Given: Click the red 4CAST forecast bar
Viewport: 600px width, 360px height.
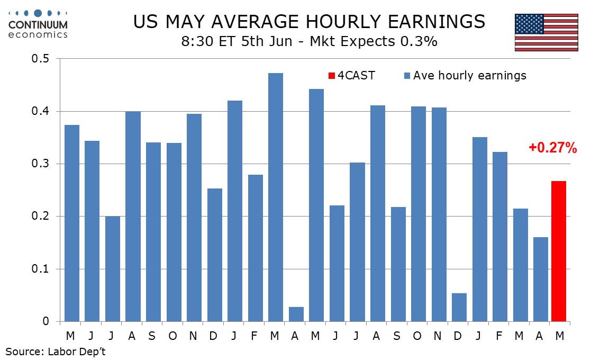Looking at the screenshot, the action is [558, 251].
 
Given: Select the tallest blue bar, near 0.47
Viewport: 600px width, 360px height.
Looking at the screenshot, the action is [276, 197].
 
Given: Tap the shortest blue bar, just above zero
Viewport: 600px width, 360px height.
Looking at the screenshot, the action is [296, 314].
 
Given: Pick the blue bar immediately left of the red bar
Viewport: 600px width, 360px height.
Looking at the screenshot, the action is [541, 280].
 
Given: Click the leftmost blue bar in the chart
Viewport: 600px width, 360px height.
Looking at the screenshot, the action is [72, 223].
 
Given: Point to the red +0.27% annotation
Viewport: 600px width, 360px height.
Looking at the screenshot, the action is [552, 148].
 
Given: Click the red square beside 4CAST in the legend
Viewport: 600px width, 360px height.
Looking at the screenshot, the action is [331, 76].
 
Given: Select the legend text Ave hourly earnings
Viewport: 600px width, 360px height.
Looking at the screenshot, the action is [469, 76].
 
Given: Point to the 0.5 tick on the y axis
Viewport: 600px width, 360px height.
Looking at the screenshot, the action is [41, 59].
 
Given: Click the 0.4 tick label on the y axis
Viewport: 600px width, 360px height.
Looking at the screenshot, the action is [41, 111].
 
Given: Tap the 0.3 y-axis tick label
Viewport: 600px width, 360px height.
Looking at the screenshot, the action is [41, 164].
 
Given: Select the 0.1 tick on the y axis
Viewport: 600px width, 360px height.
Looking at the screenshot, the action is [41, 269].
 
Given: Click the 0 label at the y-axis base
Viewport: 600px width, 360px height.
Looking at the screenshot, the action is [46, 321].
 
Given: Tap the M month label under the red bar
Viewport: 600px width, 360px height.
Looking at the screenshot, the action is [559, 336].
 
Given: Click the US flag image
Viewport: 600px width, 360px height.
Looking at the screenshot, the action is [547, 32].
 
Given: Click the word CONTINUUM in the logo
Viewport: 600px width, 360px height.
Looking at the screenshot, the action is [38, 25].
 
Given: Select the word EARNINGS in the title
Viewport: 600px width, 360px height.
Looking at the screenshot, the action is [436, 22].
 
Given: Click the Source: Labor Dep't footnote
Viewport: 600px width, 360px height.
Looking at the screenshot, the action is [56, 351].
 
